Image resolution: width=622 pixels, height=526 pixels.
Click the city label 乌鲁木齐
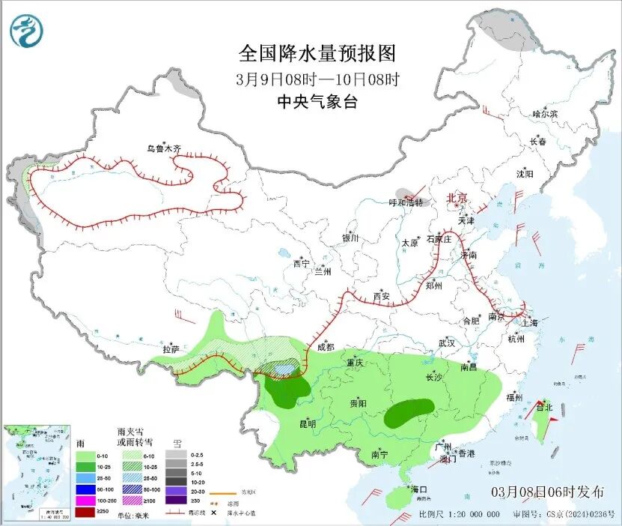(x=163, y=149)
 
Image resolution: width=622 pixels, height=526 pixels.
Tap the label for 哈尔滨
(x=545, y=114)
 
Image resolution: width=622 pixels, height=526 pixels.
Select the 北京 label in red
(x=457, y=198)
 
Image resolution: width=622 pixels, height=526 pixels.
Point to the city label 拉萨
(x=171, y=348)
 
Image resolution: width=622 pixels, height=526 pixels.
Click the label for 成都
(x=325, y=347)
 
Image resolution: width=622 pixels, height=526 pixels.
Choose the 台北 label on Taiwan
(x=543, y=408)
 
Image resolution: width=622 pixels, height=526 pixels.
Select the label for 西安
(x=381, y=296)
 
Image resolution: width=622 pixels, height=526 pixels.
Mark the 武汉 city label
(x=447, y=342)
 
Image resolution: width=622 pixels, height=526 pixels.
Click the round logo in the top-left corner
(x=26, y=31)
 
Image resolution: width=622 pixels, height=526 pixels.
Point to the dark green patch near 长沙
(x=409, y=412)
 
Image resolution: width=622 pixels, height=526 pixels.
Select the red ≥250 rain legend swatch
(x=85, y=511)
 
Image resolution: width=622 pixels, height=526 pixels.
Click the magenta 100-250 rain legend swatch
(x=85, y=500)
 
